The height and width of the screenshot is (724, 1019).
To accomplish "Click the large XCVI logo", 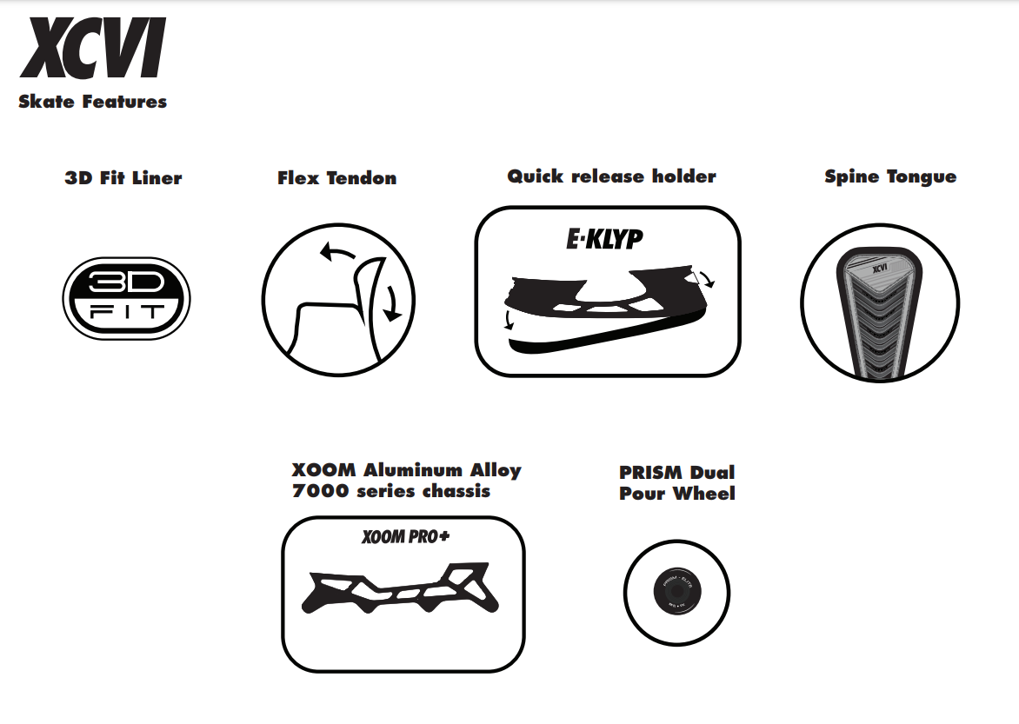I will pyautogui.click(x=91, y=50).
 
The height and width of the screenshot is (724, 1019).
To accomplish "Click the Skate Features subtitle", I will pyautogui.click(x=92, y=102).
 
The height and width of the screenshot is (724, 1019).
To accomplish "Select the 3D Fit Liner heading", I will pyautogui.click(x=123, y=178).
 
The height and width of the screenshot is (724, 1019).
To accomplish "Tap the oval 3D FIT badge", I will pyautogui.click(x=126, y=299).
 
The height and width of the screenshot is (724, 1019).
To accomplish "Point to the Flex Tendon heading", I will pyautogui.click(x=337, y=178).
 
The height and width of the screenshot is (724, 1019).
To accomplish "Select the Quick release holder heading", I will pyautogui.click(x=612, y=176).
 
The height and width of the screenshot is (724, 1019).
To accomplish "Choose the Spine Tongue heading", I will pyautogui.click(x=890, y=177).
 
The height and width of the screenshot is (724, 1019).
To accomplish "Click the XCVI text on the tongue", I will pyautogui.click(x=879, y=268).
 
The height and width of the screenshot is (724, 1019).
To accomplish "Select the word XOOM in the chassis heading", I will pyautogui.click(x=324, y=470).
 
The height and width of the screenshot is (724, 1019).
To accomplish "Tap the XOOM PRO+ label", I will pyautogui.click(x=405, y=537).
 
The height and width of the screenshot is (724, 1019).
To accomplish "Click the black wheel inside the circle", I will pyautogui.click(x=676, y=593).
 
